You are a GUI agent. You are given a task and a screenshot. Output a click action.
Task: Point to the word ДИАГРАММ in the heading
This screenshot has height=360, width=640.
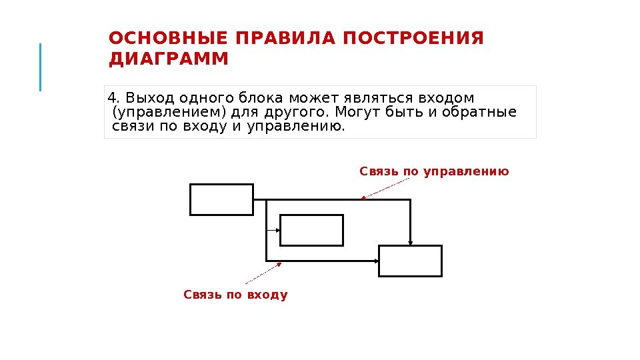tap(168, 60)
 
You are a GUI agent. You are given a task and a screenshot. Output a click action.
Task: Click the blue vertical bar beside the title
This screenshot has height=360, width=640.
tap(40, 67)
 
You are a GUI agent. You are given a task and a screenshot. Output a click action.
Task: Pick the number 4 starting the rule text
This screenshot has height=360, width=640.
tap(111, 97)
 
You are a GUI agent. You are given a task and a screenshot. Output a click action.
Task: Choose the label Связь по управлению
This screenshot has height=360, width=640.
tap(434, 172)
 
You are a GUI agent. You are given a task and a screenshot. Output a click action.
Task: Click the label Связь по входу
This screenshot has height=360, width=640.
tap(235, 295)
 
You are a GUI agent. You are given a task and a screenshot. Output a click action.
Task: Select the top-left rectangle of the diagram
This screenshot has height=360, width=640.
tap(221, 199)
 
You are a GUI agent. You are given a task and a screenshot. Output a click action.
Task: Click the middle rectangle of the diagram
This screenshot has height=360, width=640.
tap(311, 230)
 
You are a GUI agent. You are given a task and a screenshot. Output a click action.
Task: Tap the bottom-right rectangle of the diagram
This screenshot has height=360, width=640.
tap(410, 261)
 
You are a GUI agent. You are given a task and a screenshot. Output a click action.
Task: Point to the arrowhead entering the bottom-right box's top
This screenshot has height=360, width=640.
tap(411, 243)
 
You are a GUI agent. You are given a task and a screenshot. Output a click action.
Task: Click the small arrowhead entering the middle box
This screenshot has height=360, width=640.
tap(277, 230)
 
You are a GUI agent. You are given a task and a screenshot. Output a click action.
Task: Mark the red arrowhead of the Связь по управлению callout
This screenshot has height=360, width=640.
tap(362, 197)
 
